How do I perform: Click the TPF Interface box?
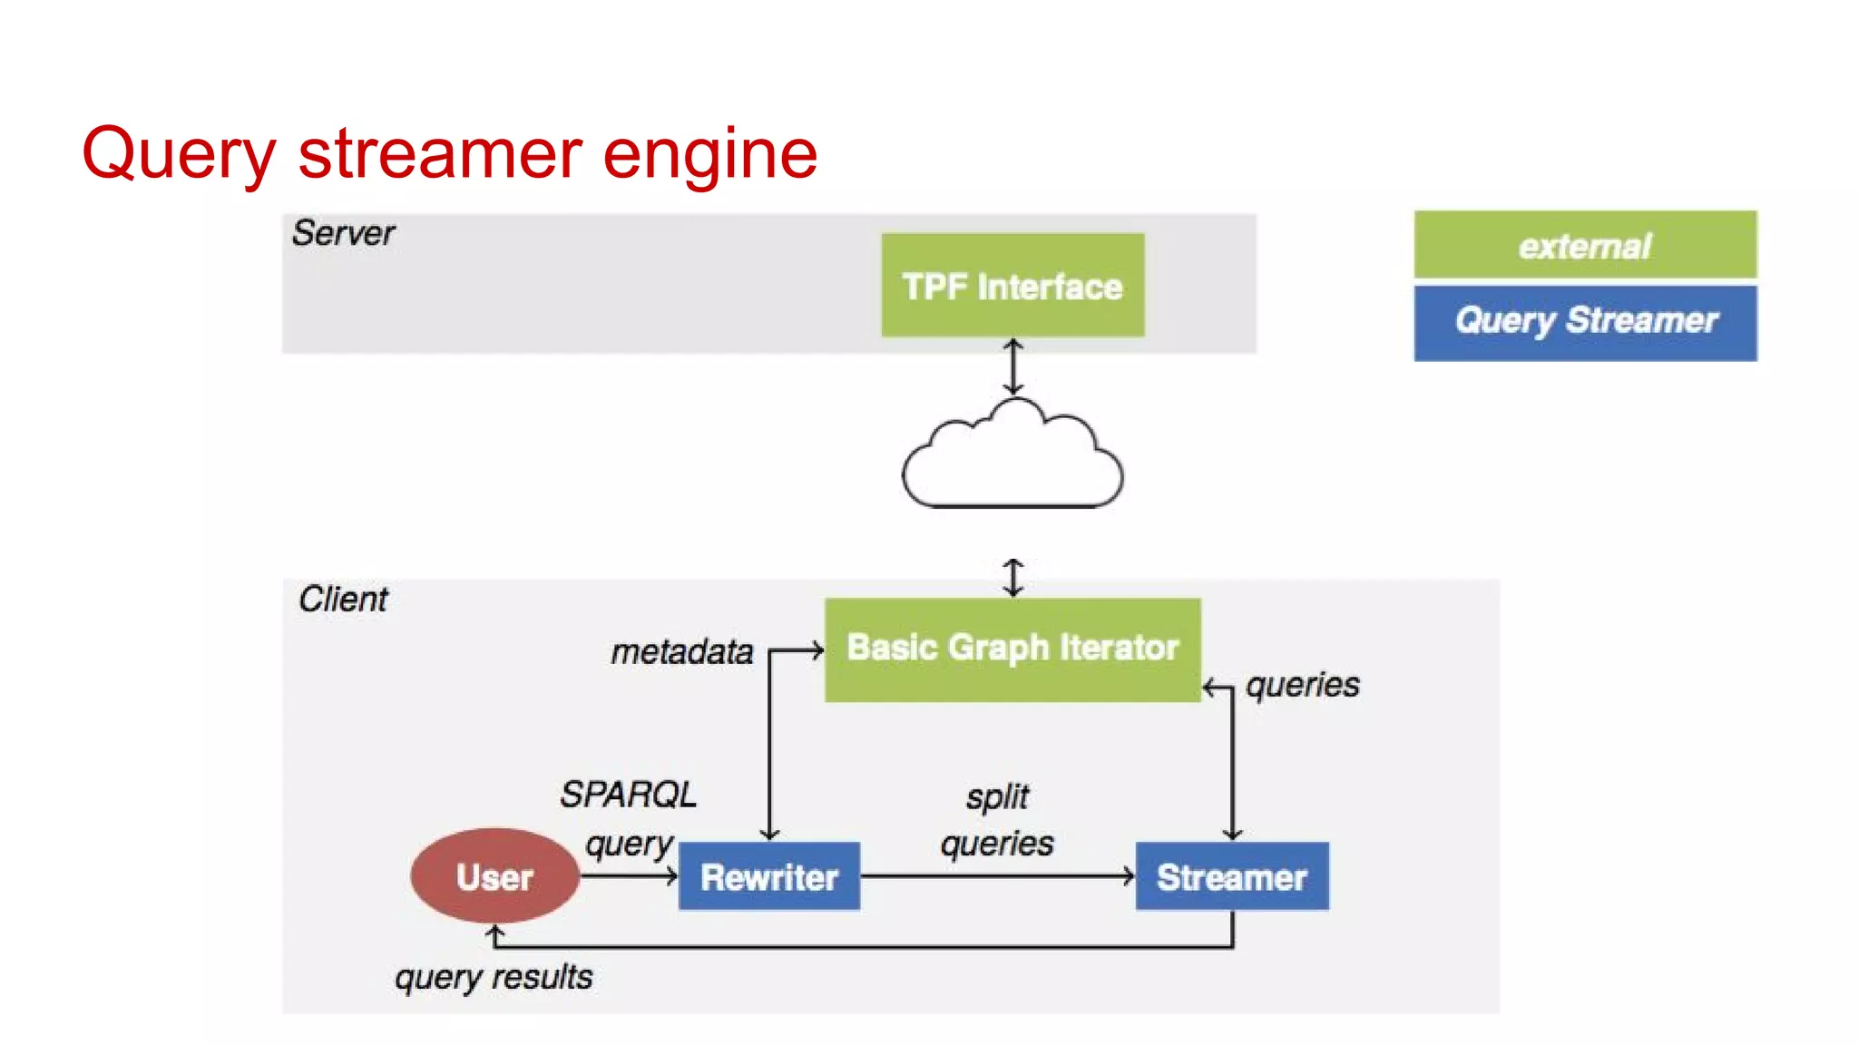tap(1012, 286)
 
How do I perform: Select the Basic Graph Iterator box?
tap(1012, 649)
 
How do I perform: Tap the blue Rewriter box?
tap(768, 876)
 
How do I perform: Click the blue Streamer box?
tap(1231, 876)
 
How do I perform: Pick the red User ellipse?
tap(494, 876)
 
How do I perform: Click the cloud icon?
tap(1012, 458)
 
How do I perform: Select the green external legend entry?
tap(1584, 245)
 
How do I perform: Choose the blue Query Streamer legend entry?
tap(1584, 322)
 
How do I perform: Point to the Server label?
tap(343, 234)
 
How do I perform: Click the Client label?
tap(343, 600)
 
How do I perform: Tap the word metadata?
tap(681, 652)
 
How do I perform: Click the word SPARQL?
tap(628, 795)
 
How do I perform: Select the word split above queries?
tap(997, 797)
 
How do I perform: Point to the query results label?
tap(494, 977)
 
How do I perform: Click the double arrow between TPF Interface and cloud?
tap(1012, 366)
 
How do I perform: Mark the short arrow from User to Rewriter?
tap(629, 876)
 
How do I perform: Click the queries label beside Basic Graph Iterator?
tap(1302, 685)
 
